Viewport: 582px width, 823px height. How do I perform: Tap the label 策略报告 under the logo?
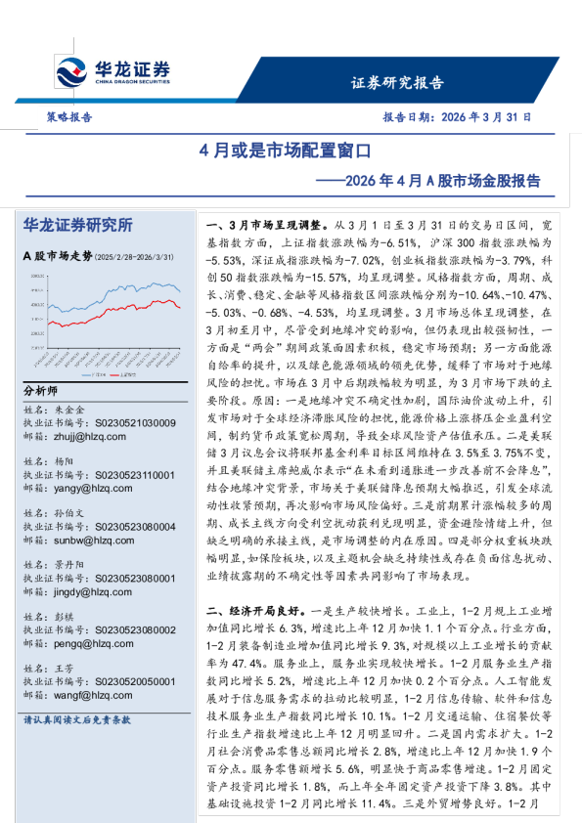69,116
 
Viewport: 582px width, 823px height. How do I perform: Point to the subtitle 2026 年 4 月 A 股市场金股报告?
429,181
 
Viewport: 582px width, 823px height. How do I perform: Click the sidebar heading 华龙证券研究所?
77,225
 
